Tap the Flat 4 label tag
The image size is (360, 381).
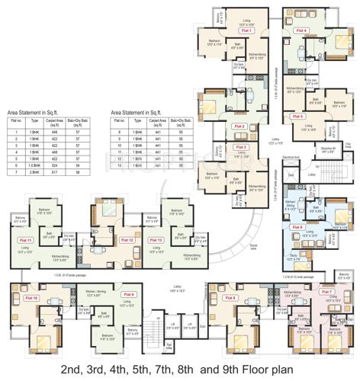coord(303,30)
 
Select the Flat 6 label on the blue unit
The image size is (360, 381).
coord(297,226)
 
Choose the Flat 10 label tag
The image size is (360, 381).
coord(31,298)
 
